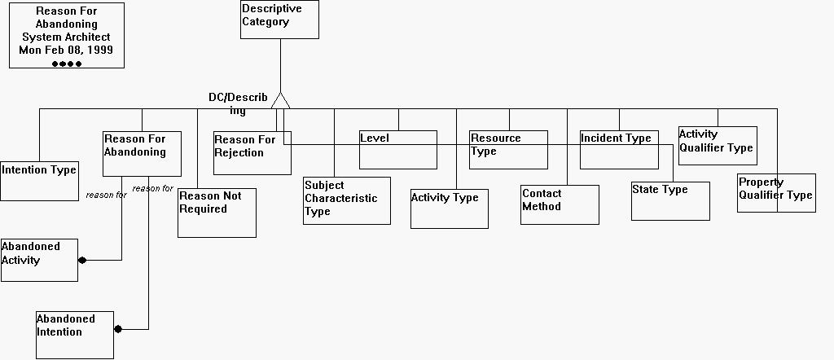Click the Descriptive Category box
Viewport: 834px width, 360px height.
(279, 20)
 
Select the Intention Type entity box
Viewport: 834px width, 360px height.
(39, 180)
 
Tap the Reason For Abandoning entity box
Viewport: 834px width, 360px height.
(142, 154)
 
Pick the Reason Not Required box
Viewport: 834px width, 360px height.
(217, 213)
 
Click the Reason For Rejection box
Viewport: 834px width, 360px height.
(252, 152)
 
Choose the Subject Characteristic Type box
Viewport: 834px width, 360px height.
(346, 200)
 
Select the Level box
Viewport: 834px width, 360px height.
(398, 150)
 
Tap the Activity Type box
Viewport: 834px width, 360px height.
(449, 209)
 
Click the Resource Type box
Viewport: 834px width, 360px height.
(508, 150)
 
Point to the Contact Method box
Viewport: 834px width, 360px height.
(560, 204)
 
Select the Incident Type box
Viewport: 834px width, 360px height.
(618, 150)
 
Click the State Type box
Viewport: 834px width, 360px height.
(670, 200)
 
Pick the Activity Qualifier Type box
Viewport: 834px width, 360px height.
(718, 146)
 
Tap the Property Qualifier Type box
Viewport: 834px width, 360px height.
(776, 193)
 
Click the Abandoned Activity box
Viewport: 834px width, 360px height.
(39, 260)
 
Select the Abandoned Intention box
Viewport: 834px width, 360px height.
(75, 334)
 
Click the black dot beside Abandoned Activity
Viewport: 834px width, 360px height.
(82, 261)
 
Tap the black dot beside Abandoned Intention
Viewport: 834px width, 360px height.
(118, 329)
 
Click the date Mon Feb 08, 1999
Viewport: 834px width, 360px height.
(66, 50)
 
